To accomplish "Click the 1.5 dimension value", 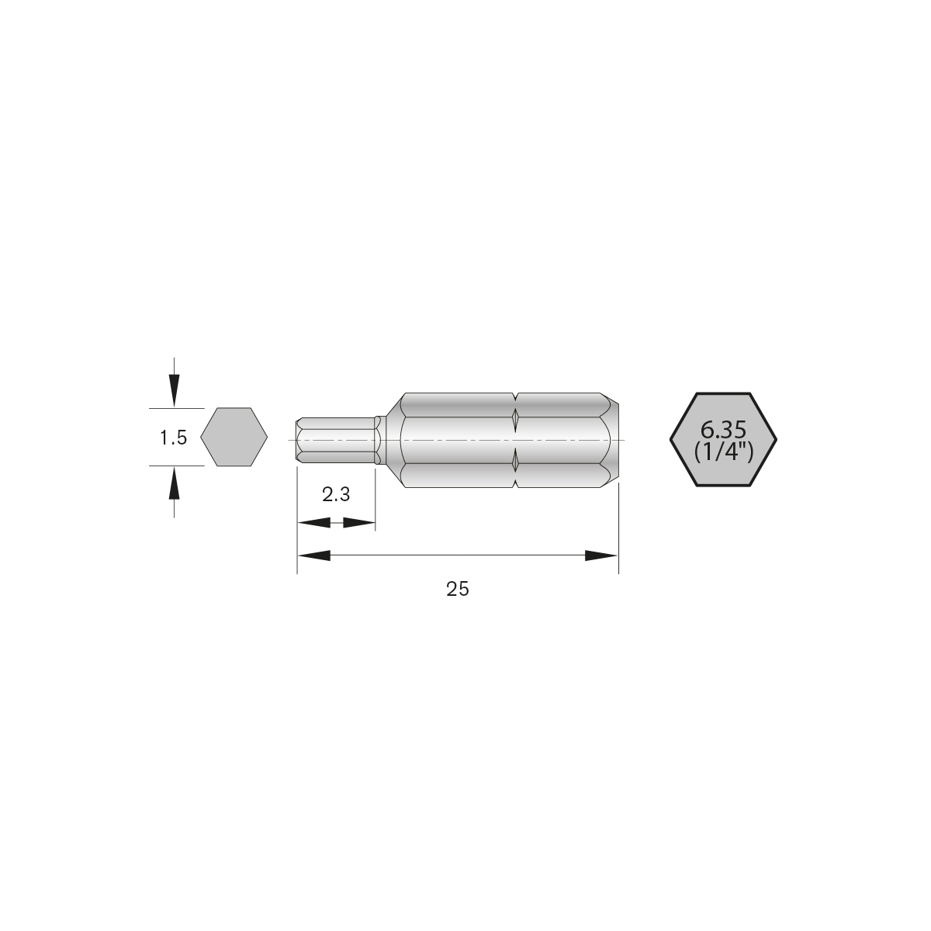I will [x=174, y=438].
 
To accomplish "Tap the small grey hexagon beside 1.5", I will [x=234, y=438].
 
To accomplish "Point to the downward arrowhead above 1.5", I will [x=175, y=388].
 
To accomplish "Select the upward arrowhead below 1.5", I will [x=175, y=486].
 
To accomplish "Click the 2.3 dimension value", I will [x=336, y=495].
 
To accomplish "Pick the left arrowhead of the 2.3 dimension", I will [x=313, y=524].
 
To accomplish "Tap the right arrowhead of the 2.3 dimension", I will [x=359, y=524].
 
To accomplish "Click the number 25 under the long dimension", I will [x=458, y=589].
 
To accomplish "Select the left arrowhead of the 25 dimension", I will [x=315, y=555].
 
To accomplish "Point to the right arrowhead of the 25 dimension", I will [x=600, y=555].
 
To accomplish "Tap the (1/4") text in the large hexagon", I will [x=723, y=452].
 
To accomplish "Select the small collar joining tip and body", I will [x=379, y=441].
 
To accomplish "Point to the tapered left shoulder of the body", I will [x=393, y=441].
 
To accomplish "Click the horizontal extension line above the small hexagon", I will [x=176, y=408].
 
